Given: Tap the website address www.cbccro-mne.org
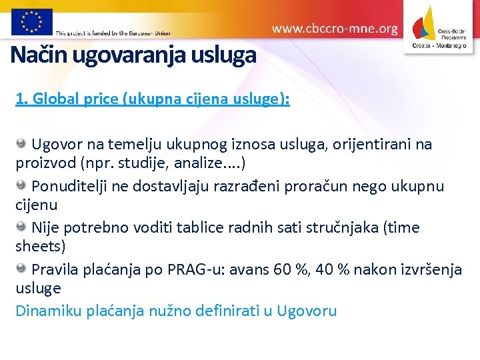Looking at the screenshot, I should click(x=335, y=29).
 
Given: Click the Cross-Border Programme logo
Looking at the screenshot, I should click(x=439, y=27).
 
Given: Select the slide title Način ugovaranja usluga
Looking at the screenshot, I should click(x=133, y=55).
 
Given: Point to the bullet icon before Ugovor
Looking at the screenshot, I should click(x=21, y=143).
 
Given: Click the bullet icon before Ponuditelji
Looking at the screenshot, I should click(x=21, y=185).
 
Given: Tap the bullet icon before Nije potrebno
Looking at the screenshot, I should click(x=21, y=227).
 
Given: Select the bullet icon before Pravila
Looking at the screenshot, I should click(x=21, y=269).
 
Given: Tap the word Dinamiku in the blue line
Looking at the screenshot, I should click(x=48, y=311).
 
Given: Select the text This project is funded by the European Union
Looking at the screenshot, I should click(x=113, y=32).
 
